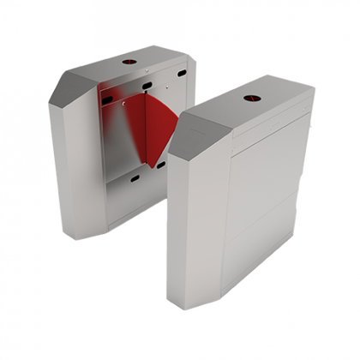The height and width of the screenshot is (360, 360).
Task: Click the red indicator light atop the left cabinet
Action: coord(131,63)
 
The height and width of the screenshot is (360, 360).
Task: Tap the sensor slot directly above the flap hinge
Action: coord(148,86)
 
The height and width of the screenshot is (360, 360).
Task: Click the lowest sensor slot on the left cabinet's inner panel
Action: coord(135,178)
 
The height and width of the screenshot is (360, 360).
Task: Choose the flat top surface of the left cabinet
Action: coord(129,70)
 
